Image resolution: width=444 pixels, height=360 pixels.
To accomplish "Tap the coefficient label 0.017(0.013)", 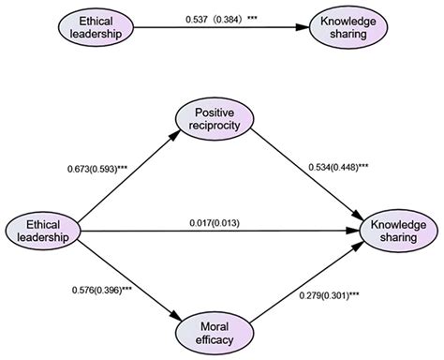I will tap(217, 221).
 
